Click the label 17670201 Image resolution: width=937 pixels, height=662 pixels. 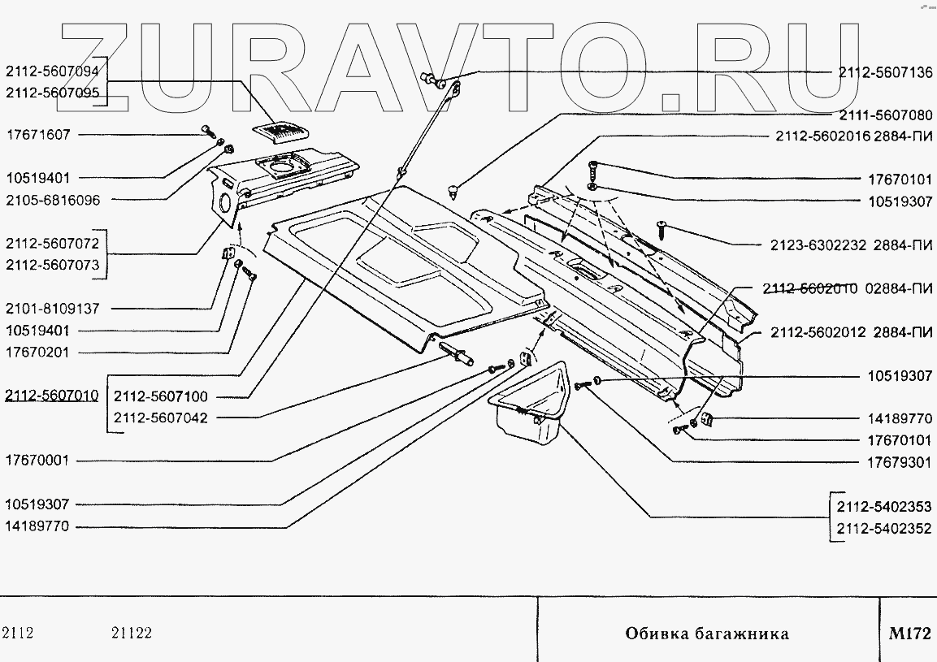tap(39, 353)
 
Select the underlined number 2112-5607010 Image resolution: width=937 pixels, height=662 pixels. tap(52, 396)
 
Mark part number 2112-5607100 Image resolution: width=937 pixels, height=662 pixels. tap(161, 396)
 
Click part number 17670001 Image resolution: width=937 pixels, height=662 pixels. tap(39, 461)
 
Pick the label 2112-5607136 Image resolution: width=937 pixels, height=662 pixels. tap(885, 71)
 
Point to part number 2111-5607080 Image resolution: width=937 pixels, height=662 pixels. tap(885, 115)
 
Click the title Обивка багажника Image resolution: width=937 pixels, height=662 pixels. tap(706, 634)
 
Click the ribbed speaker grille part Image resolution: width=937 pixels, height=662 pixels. tap(278, 132)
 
